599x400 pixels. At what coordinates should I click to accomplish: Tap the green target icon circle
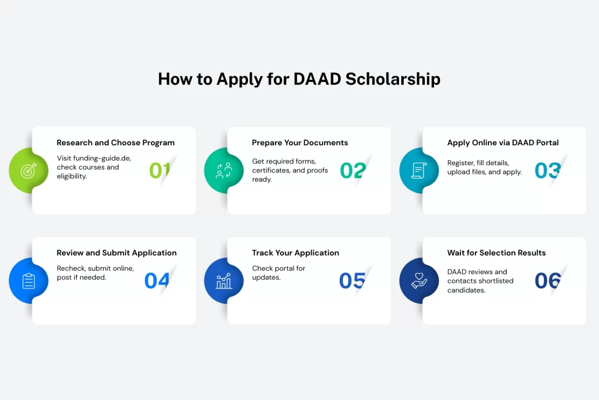pos(28,170)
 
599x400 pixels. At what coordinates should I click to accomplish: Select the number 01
pos(159,170)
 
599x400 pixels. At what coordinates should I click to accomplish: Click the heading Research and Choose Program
pos(115,143)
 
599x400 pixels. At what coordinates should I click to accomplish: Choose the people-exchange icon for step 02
pos(223,170)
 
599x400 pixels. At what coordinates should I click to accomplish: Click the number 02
pos(353,170)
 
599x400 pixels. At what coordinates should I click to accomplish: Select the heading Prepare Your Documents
pos(299,143)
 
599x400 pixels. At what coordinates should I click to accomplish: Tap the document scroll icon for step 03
pos(419,170)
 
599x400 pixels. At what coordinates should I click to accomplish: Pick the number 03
pos(548,170)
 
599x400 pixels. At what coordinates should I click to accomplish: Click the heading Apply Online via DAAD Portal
pos(502,143)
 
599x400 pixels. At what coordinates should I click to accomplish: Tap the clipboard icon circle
pos(28,281)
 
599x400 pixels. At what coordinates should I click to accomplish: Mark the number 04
pos(157,281)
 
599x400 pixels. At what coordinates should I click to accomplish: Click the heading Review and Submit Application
pos(116,253)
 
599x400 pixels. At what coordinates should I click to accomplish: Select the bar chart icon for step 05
pos(223,281)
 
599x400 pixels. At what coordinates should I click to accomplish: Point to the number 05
pos(352,281)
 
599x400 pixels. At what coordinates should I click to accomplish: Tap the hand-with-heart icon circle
pos(419,281)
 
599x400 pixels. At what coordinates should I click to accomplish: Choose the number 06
pos(548,281)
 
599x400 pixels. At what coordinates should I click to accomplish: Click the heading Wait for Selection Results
pos(496,253)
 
